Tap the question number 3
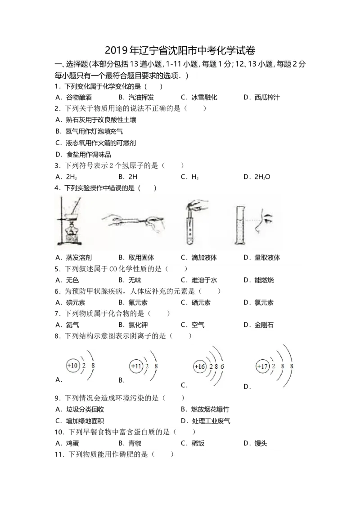pyautogui.click(x=56, y=166)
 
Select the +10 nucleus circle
pyautogui.click(x=72, y=366)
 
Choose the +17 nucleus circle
pyautogui.click(x=262, y=367)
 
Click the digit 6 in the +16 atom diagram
pyautogui.click(x=222, y=367)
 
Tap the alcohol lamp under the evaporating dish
pyautogui.click(x=70, y=233)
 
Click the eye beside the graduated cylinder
pyautogui.click(x=268, y=219)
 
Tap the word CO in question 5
pyautogui.click(x=113, y=269)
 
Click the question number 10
pyautogui.click(x=58, y=433)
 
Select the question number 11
pyautogui.click(x=58, y=455)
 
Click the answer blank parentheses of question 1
pyautogui.click(x=154, y=86)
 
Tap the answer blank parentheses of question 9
pyautogui.click(x=173, y=398)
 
